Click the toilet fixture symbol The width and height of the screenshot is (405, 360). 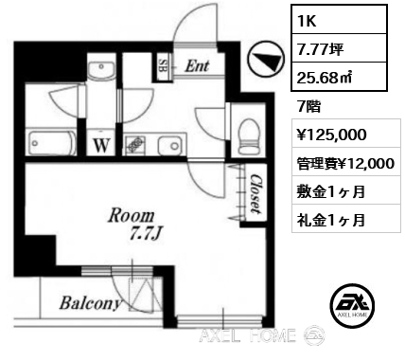pos(249,135)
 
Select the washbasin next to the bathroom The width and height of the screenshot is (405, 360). pos(101,70)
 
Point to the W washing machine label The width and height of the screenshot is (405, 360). pos(101,146)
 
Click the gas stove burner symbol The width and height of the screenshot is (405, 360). pos(136,145)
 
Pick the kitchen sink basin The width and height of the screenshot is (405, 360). pos(170,146)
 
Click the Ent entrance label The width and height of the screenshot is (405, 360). pos(197,66)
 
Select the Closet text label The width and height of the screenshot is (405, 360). pos(255,193)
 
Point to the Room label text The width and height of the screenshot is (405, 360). pos(132,216)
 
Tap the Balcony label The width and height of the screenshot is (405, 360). pos(90,303)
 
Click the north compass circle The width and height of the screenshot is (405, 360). pos(266,60)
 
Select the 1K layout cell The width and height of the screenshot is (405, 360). pos(339,20)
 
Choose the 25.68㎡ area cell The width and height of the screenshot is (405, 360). pos(339,77)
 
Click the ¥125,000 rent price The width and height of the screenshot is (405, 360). pos(331,134)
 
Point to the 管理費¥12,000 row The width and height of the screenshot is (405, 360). pos(345,163)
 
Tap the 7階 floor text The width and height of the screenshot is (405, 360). pos(308,106)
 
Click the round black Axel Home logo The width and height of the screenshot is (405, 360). pos(352,305)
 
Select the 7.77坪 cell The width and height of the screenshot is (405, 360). pos(339,48)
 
